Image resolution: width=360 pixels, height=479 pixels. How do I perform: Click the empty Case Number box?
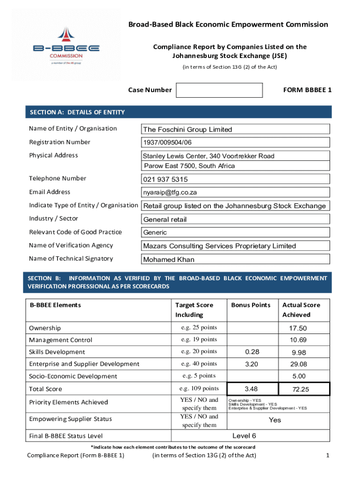point(219,90)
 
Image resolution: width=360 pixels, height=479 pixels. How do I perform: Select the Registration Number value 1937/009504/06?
point(167,143)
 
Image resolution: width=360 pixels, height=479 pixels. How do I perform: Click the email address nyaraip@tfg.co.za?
point(170,192)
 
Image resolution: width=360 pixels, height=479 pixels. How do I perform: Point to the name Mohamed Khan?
point(169,260)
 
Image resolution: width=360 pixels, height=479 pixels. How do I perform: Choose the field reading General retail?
point(165,219)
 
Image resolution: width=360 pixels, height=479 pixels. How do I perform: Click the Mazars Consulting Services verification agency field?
point(219,246)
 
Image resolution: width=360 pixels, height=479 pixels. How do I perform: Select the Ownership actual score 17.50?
point(298,328)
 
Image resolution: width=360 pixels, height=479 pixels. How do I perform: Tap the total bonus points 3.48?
point(251,389)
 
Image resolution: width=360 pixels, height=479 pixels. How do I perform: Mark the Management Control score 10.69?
point(298,340)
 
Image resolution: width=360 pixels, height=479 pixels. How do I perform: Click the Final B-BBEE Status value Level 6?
point(244,436)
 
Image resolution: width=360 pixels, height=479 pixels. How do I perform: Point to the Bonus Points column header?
point(251,305)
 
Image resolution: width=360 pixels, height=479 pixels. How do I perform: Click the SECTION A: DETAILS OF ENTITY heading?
point(77,112)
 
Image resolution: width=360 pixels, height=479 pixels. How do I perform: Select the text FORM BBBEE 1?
point(307,90)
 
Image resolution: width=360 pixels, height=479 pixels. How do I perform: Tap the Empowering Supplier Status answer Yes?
point(275,420)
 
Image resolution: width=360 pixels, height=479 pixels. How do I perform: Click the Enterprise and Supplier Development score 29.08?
point(298,364)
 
